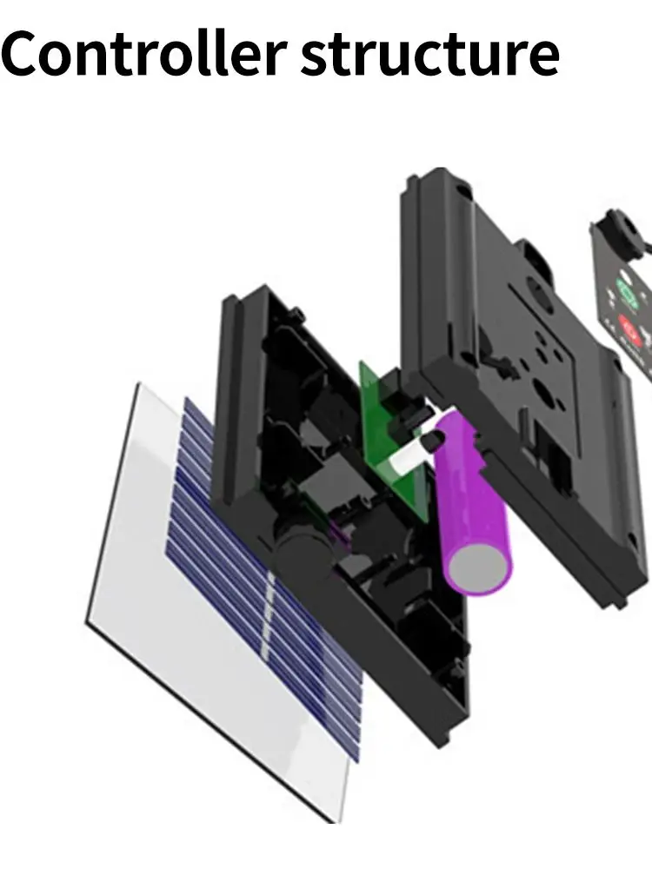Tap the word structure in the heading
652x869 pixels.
tap(430, 54)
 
